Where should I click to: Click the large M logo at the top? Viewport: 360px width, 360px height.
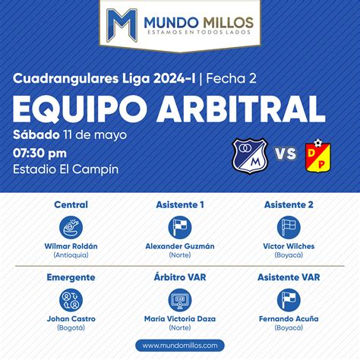122,25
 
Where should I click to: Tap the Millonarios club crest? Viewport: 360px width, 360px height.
250,156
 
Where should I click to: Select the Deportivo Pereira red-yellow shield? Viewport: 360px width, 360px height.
318,156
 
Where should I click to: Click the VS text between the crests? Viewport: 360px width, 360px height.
286,153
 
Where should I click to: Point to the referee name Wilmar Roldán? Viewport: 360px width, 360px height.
71,246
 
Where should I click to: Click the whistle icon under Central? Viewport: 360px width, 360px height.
71,227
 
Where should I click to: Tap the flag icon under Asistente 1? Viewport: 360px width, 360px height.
180,227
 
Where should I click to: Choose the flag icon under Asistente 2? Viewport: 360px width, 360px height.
289,227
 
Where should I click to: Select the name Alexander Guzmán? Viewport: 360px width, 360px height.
180,246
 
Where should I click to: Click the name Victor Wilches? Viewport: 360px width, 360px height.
289,246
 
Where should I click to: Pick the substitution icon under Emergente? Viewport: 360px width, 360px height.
71,300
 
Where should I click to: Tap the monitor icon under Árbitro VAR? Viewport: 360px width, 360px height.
180,300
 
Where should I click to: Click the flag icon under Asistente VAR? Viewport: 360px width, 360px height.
289,300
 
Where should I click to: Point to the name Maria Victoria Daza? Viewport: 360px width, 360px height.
180,319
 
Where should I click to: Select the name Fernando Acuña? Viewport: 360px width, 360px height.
289,319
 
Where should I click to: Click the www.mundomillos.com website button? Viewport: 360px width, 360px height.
180,346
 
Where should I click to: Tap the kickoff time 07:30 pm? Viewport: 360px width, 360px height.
39,153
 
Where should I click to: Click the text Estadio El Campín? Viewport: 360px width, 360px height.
66,169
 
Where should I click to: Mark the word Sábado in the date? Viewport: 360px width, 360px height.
36,134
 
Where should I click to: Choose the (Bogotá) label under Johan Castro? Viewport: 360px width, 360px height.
71,328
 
